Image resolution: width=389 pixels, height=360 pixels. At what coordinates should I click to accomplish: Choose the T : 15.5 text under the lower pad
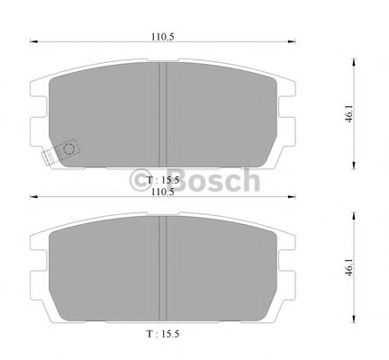(163, 335)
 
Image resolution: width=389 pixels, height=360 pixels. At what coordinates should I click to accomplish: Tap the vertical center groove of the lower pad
(163, 270)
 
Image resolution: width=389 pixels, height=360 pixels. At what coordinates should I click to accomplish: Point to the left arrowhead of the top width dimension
(34, 40)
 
